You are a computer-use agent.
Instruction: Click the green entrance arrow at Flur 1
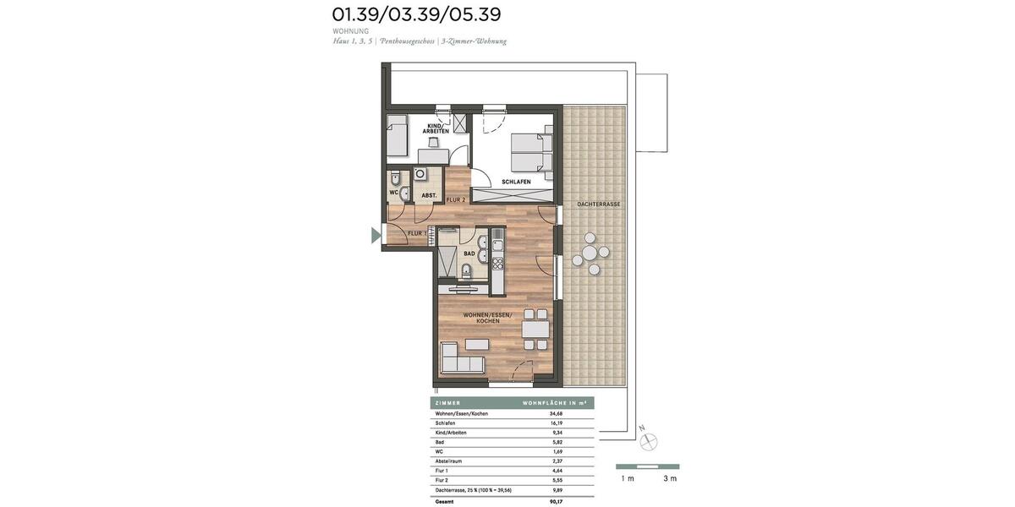(376, 236)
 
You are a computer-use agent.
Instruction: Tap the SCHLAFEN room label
(516, 182)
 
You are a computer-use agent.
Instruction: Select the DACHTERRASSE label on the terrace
(599, 204)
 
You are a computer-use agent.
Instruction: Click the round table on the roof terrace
(590, 252)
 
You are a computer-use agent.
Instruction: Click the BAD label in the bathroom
(469, 253)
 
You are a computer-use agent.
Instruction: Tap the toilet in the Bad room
(466, 271)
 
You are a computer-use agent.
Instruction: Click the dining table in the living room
(535, 329)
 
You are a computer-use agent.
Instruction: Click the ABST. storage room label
(429, 196)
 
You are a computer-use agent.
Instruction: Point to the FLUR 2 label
(456, 199)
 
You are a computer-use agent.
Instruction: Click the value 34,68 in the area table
(556, 413)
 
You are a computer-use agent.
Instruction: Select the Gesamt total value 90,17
(556, 501)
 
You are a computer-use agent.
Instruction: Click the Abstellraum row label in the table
(450, 461)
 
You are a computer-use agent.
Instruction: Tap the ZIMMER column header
(447, 403)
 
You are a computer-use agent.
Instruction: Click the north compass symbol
(650, 441)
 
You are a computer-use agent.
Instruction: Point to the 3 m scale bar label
(670, 479)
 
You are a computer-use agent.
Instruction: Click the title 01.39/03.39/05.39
(416, 14)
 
